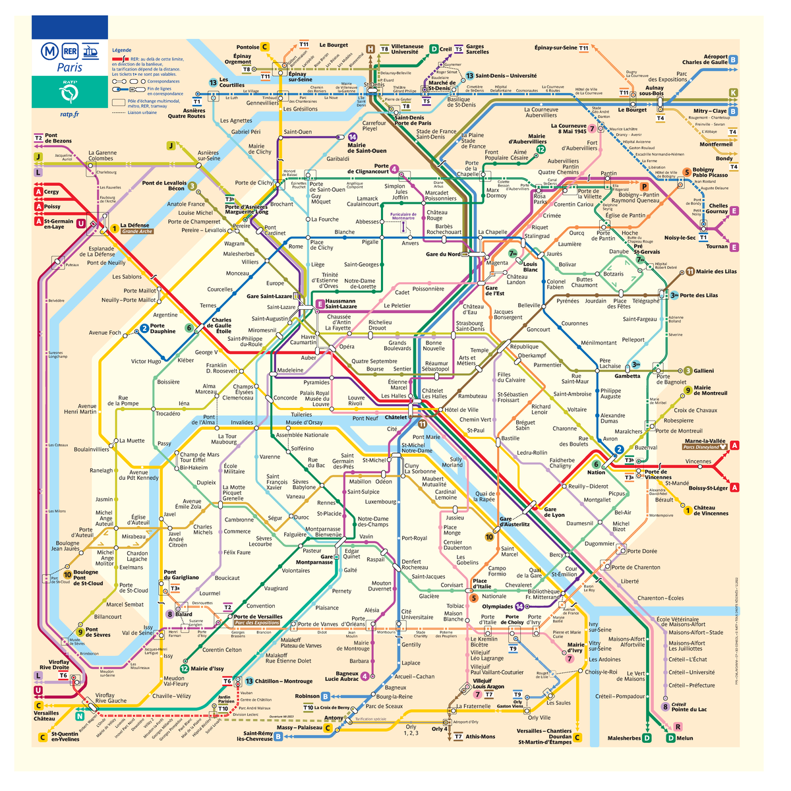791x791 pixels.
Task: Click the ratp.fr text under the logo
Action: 69,113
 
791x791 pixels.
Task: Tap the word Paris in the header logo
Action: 69,67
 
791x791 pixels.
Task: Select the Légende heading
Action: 121,50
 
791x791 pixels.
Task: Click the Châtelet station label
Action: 395,417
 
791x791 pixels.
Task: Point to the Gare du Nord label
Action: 443,254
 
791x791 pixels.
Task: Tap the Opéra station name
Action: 347,347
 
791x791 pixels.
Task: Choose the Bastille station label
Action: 510,438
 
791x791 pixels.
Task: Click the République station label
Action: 524,347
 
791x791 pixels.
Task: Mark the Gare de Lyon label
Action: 554,512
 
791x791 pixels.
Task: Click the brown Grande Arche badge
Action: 136,231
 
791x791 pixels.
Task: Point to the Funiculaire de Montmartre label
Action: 403,216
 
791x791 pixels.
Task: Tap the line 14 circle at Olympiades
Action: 519,606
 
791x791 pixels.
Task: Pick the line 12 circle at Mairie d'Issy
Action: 185,668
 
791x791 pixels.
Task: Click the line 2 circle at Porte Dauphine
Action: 144,328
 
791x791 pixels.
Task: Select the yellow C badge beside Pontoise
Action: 265,47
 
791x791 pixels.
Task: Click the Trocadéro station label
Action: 167,414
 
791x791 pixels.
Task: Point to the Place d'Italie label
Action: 482,584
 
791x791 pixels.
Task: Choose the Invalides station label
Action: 242,423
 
